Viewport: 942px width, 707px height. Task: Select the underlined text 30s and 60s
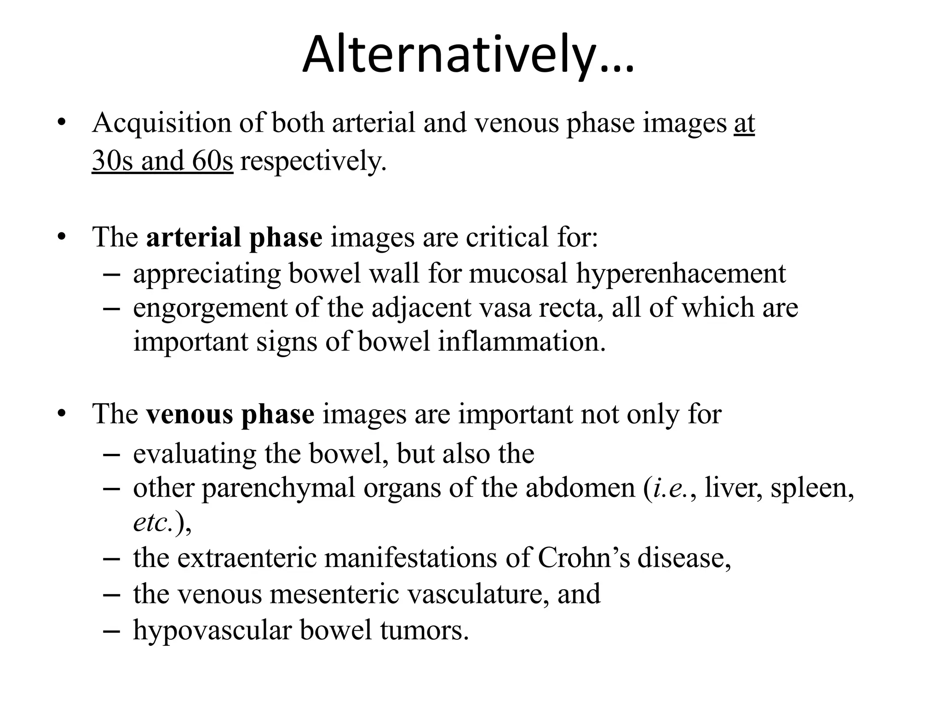pos(162,161)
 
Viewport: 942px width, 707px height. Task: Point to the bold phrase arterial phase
pos(234,238)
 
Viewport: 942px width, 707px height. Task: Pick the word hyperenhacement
pos(681,274)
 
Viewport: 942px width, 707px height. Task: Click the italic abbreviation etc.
pos(153,522)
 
